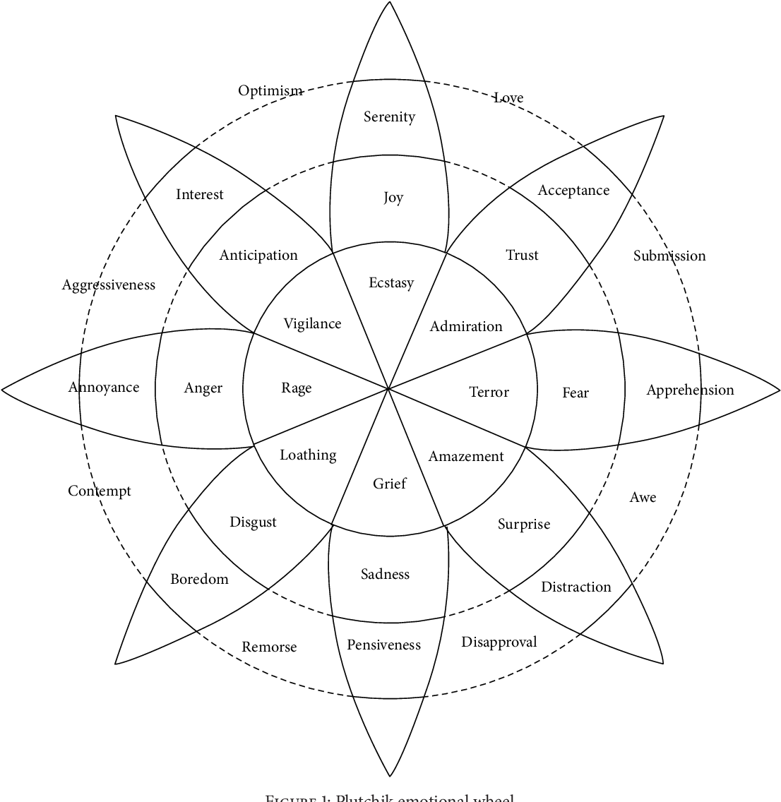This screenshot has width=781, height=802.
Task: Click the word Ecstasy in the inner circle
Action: tap(391, 283)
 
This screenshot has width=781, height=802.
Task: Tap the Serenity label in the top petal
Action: tap(389, 116)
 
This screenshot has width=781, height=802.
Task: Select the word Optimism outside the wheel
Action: tap(270, 90)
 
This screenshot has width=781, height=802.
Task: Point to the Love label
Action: tap(508, 97)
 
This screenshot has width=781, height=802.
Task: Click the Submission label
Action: tap(669, 256)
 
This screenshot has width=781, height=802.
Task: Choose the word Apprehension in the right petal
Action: tap(690, 390)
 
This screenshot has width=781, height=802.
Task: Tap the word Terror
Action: tap(489, 392)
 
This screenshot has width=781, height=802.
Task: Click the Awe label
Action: tap(643, 497)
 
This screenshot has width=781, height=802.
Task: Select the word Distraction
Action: tap(576, 587)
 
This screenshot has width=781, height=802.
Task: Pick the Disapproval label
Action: tap(499, 642)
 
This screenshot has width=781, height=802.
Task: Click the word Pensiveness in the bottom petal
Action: tap(383, 645)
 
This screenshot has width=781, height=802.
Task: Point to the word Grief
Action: tap(389, 484)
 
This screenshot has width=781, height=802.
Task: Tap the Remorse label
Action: tap(269, 647)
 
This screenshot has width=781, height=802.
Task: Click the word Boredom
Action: tap(199, 579)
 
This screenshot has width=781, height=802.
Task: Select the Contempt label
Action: tap(100, 491)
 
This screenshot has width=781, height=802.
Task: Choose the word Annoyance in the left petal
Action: tap(104, 387)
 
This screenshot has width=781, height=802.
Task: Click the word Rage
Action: tap(296, 388)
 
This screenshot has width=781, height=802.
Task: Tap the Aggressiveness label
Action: tap(108, 285)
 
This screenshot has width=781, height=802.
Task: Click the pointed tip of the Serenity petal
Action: tap(389, 3)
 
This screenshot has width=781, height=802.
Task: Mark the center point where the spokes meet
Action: tap(388, 388)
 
